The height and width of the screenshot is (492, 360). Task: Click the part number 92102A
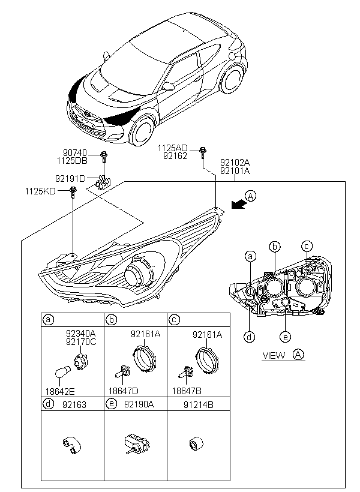pos(235,163)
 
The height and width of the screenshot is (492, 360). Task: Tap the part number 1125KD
pos(40,191)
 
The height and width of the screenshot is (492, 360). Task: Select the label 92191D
pos(70,179)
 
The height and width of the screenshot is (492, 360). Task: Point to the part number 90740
pos(75,153)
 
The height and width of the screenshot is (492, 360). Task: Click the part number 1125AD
pos(172,148)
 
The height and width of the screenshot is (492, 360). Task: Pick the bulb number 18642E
pos(60,391)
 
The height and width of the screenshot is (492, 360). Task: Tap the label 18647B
pos(187,391)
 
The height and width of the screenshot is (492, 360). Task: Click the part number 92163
pos(74,405)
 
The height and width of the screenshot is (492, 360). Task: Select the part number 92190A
pos(139,404)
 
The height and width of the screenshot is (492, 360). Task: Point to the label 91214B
pos(199,405)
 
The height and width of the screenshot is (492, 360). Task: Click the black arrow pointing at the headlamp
pos(238,204)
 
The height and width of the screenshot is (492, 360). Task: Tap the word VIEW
pos(274,356)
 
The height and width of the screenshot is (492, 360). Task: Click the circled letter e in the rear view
pos(286,337)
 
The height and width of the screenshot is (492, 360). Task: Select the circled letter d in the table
pos(48,404)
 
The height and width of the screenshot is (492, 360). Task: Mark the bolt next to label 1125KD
pos(73,192)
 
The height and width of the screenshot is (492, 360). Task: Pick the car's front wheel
pos(142,130)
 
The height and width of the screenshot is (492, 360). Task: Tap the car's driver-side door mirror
pos(168,86)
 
